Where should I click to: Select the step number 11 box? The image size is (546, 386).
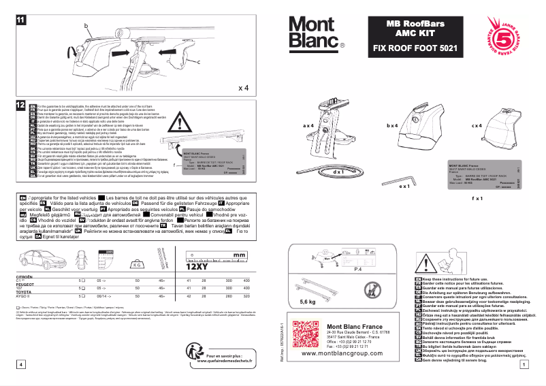[x=20, y=20]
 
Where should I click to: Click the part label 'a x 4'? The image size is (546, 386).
[x=308, y=126]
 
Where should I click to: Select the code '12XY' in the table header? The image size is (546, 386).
[x=197, y=266]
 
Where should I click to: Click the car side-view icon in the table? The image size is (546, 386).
[x=38, y=259]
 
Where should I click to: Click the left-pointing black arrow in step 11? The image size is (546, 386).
[x=120, y=52]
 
